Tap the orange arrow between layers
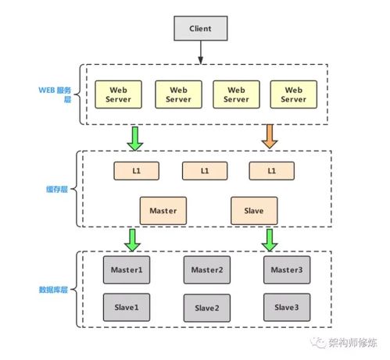click(269, 137)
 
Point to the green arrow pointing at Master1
click(133, 239)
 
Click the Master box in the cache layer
click(163, 210)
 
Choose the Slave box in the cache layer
click(254, 210)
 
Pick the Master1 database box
click(126, 269)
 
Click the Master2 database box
click(206, 269)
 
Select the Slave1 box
click(126, 306)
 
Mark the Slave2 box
click(206, 307)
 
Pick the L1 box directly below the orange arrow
click(271, 169)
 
